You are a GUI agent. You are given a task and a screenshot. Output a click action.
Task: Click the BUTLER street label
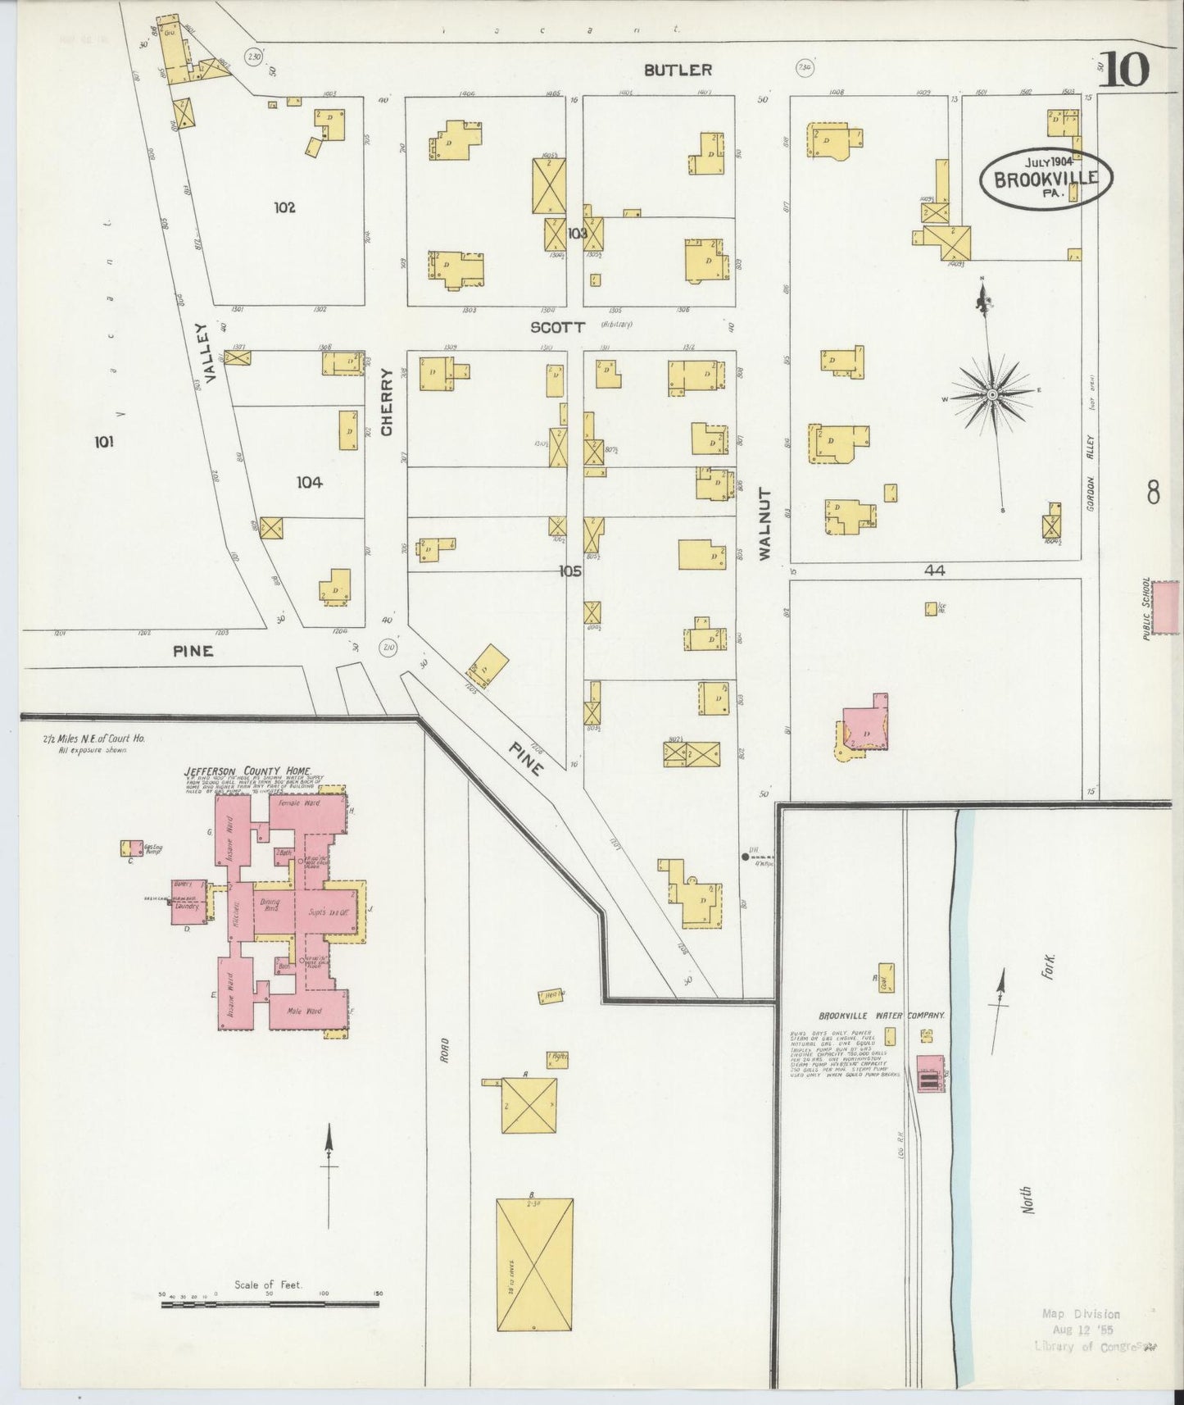coord(678,70)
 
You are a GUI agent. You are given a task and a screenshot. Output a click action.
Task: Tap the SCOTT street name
coord(558,327)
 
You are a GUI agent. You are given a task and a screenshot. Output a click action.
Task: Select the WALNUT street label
coord(765,524)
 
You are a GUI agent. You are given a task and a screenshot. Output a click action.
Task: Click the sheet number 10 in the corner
coord(1124,69)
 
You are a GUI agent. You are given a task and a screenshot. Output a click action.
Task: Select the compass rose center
coord(992,394)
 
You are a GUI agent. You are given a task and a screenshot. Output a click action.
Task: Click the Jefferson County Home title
coord(240,771)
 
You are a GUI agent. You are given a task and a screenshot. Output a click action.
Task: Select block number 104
coord(309,483)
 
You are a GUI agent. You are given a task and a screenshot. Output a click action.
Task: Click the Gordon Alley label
coord(1091,484)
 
